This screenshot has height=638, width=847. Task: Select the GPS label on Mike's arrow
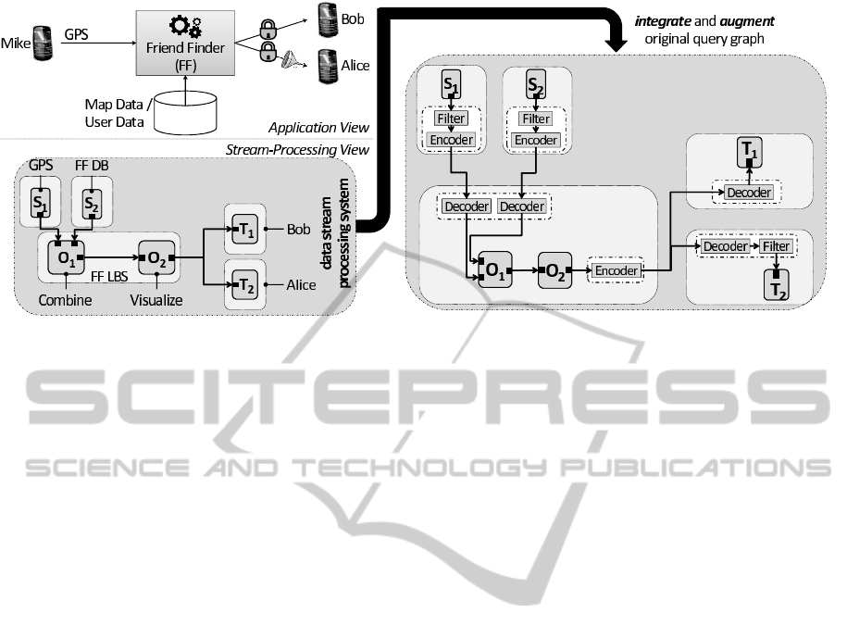pyautogui.click(x=78, y=34)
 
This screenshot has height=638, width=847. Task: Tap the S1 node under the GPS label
pyautogui.click(x=39, y=204)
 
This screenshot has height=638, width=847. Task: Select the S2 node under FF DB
pyautogui.click(x=91, y=204)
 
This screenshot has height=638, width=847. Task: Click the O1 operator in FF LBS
pyautogui.click(x=67, y=256)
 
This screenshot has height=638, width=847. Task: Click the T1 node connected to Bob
pyautogui.click(x=244, y=227)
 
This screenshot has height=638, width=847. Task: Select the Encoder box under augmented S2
pyautogui.click(x=536, y=140)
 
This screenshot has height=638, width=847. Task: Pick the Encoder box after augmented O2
pyautogui.click(x=617, y=270)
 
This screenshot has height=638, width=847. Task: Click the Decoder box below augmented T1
pyautogui.click(x=748, y=193)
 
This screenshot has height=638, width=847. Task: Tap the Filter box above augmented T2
pyautogui.click(x=775, y=247)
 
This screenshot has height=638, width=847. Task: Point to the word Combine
pyautogui.click(x=64, y=300)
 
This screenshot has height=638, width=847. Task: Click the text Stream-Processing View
pyautogui.click(x=297, y=150)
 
